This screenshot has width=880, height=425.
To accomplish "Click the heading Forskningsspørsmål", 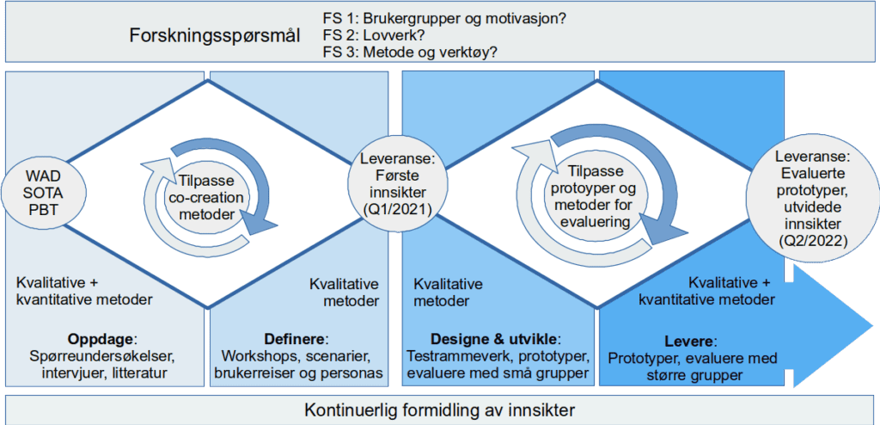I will (x=215, y=35).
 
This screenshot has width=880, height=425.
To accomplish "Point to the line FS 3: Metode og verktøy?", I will (x=410, y=53).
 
